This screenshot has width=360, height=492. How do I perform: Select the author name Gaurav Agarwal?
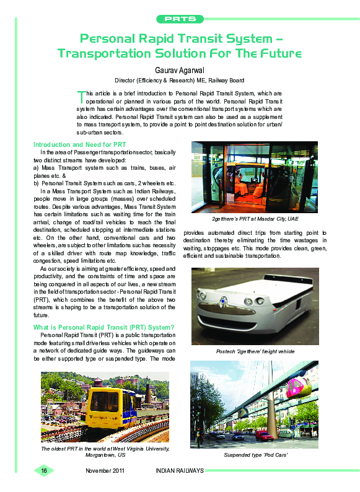click(180, 69)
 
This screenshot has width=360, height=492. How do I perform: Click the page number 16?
click(44, 471)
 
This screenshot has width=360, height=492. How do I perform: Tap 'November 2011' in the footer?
click(105, 471)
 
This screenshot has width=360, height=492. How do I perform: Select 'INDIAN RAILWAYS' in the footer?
click(179, 471)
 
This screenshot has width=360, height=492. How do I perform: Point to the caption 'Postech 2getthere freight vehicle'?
click(255, 351)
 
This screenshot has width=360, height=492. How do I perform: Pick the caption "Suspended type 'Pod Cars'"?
click(254, 455)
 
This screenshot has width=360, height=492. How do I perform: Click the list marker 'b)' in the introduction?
click(36, 183)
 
